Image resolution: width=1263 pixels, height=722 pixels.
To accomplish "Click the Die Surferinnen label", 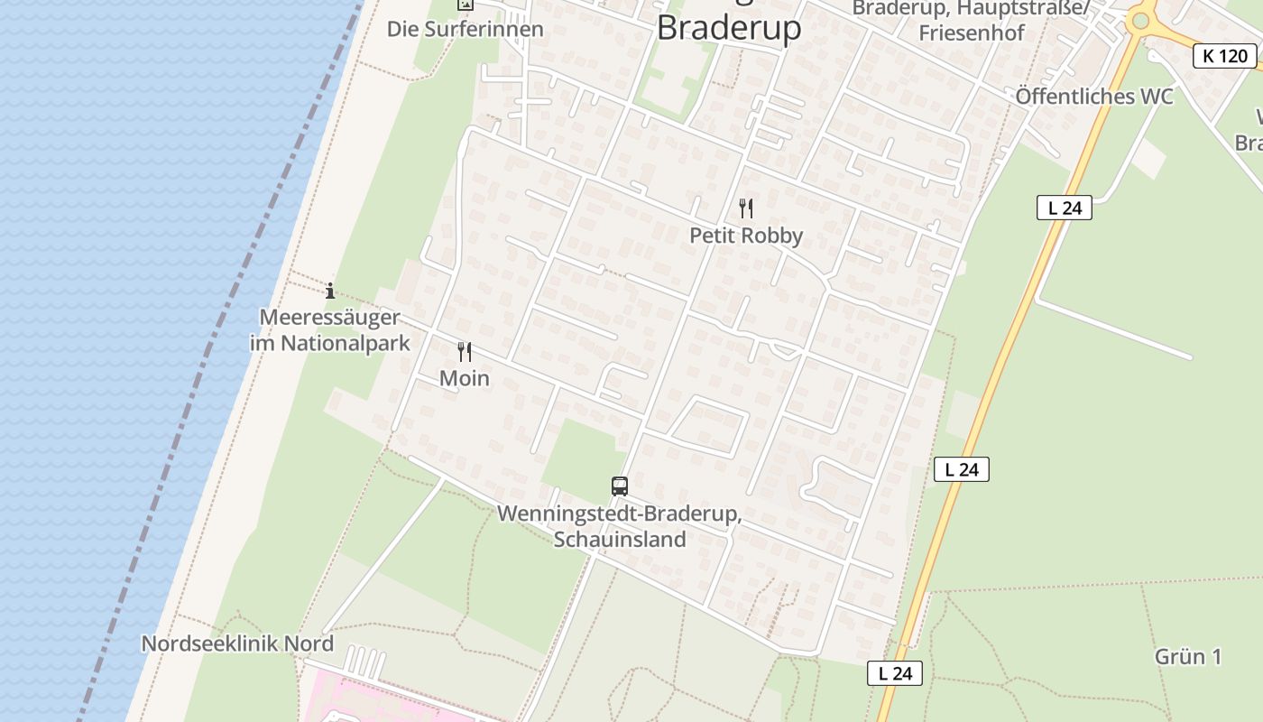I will (x=465, y=29).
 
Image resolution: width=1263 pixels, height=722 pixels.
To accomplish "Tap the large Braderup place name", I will (x=728, y=27).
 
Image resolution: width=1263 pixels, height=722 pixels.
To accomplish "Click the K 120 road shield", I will (x=1225, y=56).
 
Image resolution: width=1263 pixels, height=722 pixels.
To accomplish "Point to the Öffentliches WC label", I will (x=1094, y=97).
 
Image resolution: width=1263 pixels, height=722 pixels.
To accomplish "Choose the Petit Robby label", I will (x=746, y=236).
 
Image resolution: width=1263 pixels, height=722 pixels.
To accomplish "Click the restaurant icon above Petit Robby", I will (x=746, y=208).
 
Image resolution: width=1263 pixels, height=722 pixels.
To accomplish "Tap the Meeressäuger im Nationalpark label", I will (x=329, y=330).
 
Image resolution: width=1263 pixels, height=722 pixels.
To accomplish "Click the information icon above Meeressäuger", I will (x=330, y=291).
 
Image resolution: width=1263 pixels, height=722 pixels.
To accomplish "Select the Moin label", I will (x=465, y=378).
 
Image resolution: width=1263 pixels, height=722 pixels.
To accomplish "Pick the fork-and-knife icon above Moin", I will (x=465, y=351).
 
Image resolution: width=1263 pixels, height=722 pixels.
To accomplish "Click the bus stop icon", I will (x=620, y=486).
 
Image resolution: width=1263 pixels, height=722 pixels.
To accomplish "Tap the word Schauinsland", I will (x=620, y=540).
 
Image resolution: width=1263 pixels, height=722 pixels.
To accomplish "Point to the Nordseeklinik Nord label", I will (x=237, y=643).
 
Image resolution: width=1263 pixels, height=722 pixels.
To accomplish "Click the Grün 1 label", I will (x=1188, y=656).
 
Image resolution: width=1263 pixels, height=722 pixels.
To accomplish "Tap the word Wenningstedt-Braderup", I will (x=620, y=514).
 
